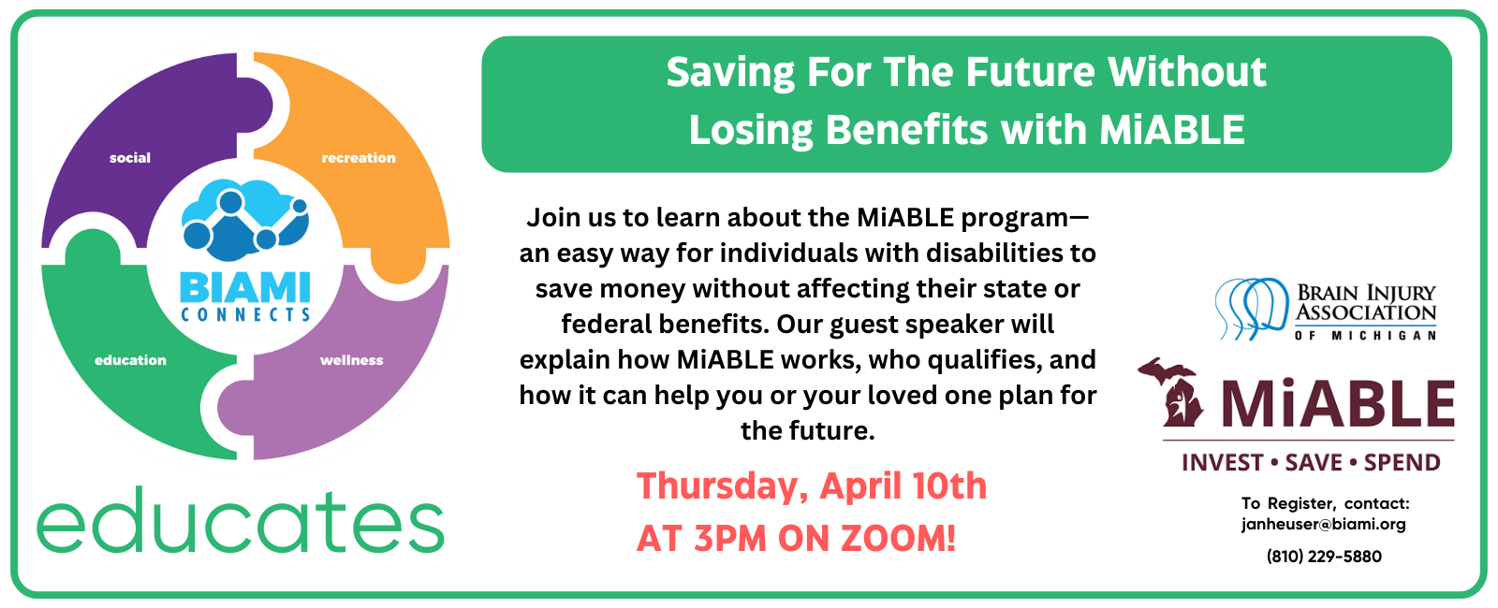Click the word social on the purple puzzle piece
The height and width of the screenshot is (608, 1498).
pyautogui.click(x=130, y=158)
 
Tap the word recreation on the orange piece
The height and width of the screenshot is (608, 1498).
pyautogui.click(x=359, y=158)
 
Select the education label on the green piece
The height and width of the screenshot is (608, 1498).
pyautogui.click(x=130, y=360)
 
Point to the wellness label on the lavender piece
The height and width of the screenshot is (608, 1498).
pyautogui.click(x=352, y=360)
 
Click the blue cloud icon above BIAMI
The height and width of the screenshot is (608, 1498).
pyautogui.click(x=245, y=219)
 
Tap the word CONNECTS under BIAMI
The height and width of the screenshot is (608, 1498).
pyautogui.click(x=245, y=314)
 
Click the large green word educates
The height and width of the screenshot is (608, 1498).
pyautogui.click(x=241, y=520)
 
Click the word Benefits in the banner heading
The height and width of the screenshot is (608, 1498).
pyautogui.click(x=906, y=129)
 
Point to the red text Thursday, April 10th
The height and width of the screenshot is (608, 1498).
pyautogui.click(x=811, y=485)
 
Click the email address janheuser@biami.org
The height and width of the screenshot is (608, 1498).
pyautogui.click(x=1324, y=525)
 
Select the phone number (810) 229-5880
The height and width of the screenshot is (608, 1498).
pyautogui.click(x=1324, y=557)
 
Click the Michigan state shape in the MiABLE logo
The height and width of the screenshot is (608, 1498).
pyautogui.click(x=1171, y=393)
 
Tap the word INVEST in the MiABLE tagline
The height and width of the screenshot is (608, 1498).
pyautogui.click(x=1222, y=462)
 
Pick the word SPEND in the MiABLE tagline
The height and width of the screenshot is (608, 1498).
pyautogui.click(x=1402, y=462)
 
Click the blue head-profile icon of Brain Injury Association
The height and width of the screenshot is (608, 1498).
pyautogui.click(x=1251, y=309)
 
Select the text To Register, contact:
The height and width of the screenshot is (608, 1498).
pyautogui.click(x=1326, y=503)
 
